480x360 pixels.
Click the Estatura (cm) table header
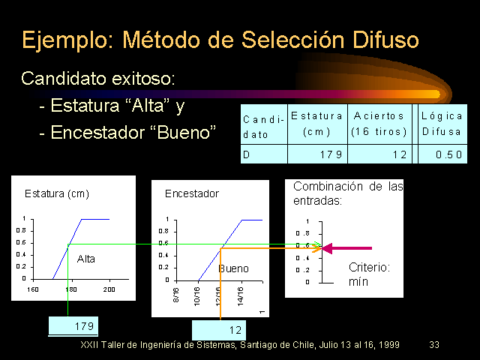[317, 124]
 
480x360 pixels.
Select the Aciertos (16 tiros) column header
[379, 124]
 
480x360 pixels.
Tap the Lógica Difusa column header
[442, 124]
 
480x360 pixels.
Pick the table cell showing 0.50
[442, 154]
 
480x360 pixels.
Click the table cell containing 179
[317, 154]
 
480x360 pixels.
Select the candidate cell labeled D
[264, 154]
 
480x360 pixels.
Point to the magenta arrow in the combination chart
[346, 248]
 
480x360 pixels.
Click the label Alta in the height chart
[86, 259]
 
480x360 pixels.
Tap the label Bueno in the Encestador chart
[233, 268]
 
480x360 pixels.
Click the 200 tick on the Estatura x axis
[109, 289]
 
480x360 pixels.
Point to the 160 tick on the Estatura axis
[33, 289]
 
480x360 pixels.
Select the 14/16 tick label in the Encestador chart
[241, 296]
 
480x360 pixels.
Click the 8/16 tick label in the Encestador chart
[176, 295]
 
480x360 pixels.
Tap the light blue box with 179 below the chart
[73, 326]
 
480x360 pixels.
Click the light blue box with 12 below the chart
[219, 330]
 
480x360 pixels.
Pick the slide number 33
[434, 345]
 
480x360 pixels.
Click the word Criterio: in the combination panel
[369, 268]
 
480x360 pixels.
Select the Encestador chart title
[192, 193]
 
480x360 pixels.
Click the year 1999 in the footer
[389, 345]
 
